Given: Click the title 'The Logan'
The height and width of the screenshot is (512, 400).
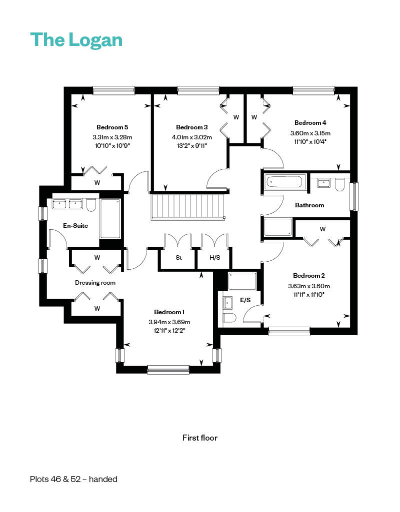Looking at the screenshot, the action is pos(76,40).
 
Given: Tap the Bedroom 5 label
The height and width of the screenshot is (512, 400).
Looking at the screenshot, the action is pos(112,127).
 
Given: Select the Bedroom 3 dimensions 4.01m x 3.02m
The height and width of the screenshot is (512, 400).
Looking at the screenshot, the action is pos(192,137).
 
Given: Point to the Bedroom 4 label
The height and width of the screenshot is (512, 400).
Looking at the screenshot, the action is pos(310,123).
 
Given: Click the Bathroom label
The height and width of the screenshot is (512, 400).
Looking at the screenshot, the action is pos(309,205).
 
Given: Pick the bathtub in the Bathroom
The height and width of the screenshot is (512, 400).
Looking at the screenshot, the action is pos(284,181).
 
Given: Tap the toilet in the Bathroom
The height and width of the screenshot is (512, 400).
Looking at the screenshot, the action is pos(340,185).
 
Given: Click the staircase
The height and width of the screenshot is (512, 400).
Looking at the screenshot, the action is pos(188,207).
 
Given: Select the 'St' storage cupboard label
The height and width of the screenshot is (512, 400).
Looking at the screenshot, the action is pos(179,258).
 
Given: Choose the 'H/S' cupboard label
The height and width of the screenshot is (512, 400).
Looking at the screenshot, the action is pos(214,258).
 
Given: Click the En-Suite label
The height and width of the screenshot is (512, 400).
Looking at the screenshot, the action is pos(75,226).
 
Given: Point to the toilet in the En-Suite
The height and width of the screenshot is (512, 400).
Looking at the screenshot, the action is pos(91,205).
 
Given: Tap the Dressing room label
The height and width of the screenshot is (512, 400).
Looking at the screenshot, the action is pos(95,283).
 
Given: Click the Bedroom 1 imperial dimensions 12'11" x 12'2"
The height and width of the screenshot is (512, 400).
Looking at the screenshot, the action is pos(169,331).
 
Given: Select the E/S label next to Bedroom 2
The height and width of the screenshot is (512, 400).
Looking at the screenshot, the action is pos(245,300).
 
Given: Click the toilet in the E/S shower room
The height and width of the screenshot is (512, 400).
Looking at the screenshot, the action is pos(229,318).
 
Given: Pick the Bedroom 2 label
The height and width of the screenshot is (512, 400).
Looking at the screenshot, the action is pos(309,276).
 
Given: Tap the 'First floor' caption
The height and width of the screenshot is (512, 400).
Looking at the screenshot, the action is pos(200,438).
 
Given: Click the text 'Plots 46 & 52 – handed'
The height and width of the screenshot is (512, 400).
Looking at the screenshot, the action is pos(73,479).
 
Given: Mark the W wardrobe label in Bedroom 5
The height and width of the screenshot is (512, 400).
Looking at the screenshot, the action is pos(97,183).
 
